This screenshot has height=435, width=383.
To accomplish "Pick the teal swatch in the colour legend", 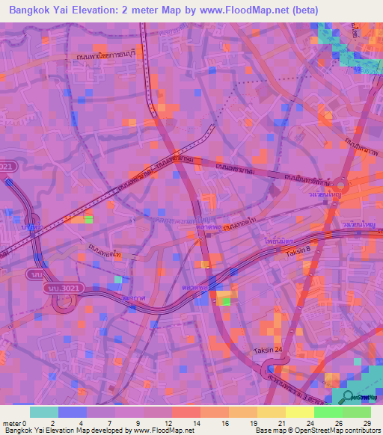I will (x=44, y=412).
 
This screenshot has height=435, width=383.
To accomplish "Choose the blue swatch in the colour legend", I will (x=73, y=412).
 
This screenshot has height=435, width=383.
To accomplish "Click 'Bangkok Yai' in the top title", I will (x=38, y=10).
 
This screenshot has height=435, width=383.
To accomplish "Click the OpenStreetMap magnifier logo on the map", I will (x=348, y=398).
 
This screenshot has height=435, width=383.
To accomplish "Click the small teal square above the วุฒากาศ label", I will (x=117, y=280).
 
